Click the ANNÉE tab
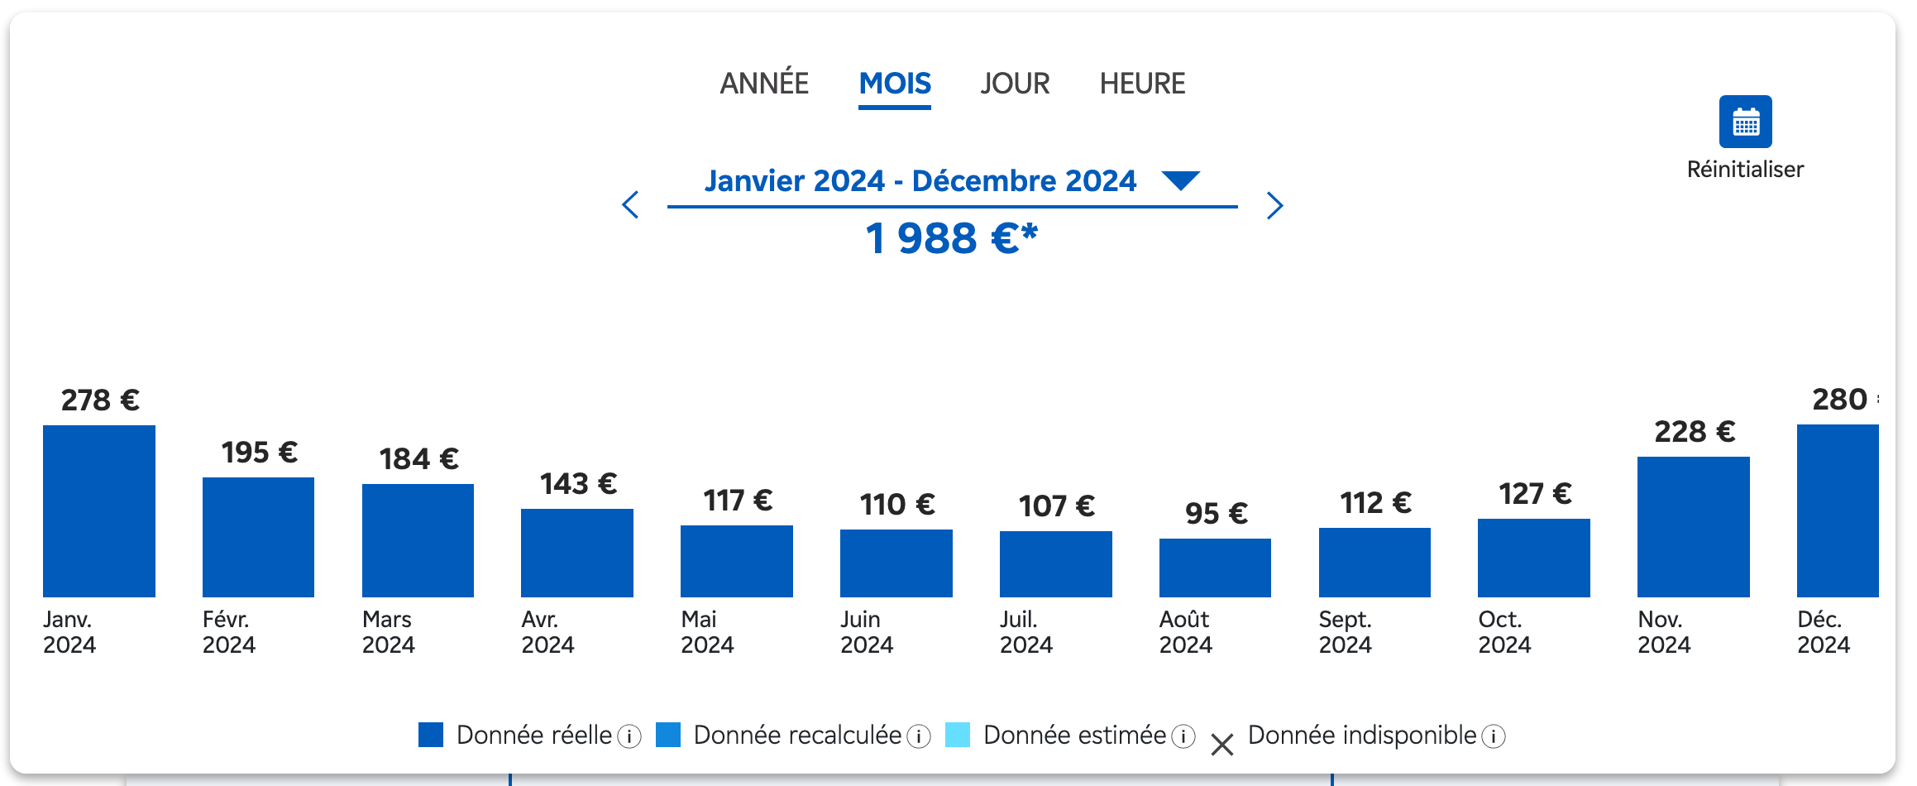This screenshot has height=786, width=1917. (764, 84)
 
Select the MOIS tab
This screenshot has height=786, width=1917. (895, 84)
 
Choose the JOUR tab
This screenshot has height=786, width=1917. (1015, 84)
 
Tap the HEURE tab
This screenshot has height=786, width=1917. (1142, 84)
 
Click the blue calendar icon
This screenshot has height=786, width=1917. (1745, 122)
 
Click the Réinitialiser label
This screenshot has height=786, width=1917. (1745, 170)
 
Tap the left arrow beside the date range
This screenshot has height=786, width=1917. (631, 204)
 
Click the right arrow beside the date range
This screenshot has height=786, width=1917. (1274, 205)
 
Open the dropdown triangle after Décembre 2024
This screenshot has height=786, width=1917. (1180, 180)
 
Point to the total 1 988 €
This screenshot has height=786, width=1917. (951, 238)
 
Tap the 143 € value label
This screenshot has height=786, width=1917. (578, 483)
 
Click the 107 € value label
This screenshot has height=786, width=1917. (1056, 506)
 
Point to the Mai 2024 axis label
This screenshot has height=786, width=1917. (707, 632)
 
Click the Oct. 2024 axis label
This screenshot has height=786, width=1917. (1504, 632)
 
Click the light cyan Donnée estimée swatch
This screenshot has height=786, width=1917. (958, 735)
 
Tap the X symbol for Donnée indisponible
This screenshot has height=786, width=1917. (1221, 745)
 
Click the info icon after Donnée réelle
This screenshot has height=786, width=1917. (629, 736)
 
